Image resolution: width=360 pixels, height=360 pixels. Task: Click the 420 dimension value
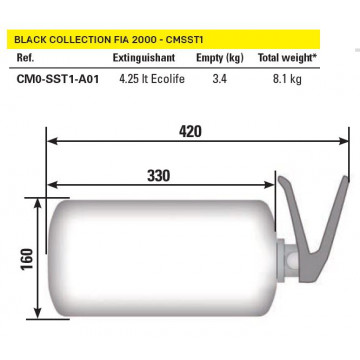[190, 132]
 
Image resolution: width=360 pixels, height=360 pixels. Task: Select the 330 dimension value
[159, 176]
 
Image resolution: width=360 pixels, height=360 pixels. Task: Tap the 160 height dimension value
[27, 259]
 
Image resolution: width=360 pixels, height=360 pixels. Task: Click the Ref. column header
[25, 58]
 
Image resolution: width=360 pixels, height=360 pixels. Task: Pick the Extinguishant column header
[144, 58]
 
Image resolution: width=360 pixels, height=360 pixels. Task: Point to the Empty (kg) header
[220, 58]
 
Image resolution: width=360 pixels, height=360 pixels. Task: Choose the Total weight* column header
[287, 58]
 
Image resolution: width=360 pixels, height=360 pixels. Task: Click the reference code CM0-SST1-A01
[58, 79]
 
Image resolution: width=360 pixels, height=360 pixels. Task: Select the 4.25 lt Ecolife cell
[152, 79]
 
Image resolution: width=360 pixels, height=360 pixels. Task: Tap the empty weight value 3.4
[220, 79]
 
